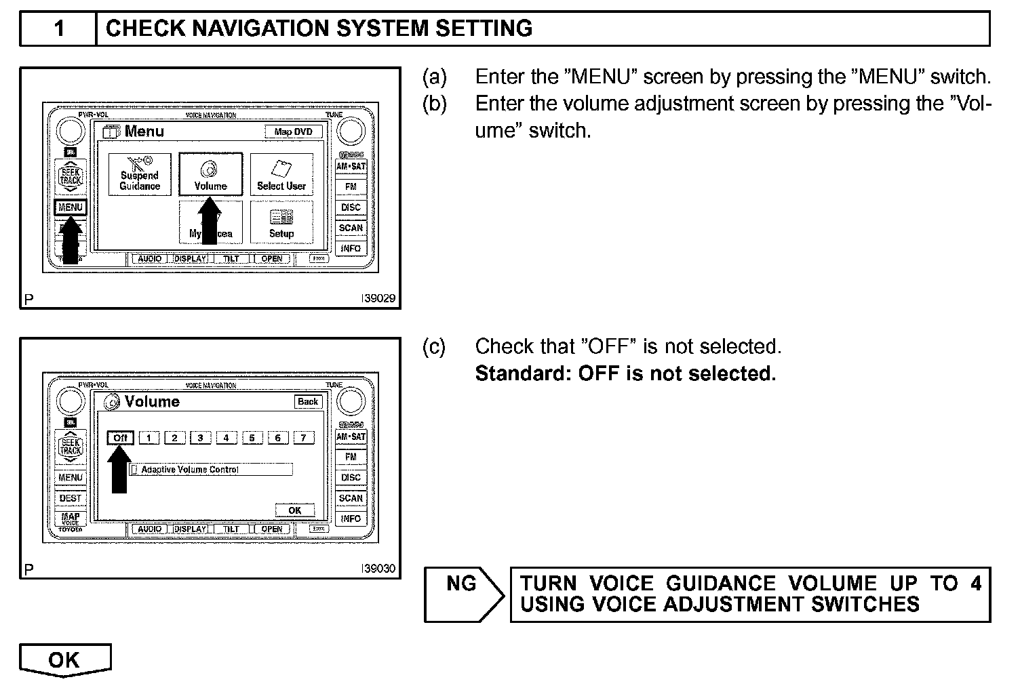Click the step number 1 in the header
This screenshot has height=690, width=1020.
(x=59, y=28)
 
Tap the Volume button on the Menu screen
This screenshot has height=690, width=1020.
(x=210, y=174)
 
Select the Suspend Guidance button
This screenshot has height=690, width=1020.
(x=140, y=174)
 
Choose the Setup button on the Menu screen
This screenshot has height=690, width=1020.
(x=281, y=222)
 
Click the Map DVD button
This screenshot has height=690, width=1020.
(x=293, y=131)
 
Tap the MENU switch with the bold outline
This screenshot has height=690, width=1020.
(x=71, y=207)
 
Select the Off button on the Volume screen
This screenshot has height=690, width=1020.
(x=121, y=438)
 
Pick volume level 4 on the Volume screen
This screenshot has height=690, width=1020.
(x=226, y=438)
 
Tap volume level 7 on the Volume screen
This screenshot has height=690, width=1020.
(x=303, y=438)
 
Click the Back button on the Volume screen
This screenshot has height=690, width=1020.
(x=307, y=401)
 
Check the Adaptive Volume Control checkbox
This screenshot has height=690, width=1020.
(x=134, y=469)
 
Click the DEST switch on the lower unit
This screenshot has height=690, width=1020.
(x=71, y=498)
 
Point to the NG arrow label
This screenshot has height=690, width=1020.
(x=462, y=584)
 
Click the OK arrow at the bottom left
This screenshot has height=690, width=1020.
(x=64, y=659)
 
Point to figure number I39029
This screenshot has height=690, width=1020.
(x=378, y=298)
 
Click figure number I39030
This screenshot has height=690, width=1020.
(x=378, y=568)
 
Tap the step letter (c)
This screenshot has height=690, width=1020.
(x=434, y=347)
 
